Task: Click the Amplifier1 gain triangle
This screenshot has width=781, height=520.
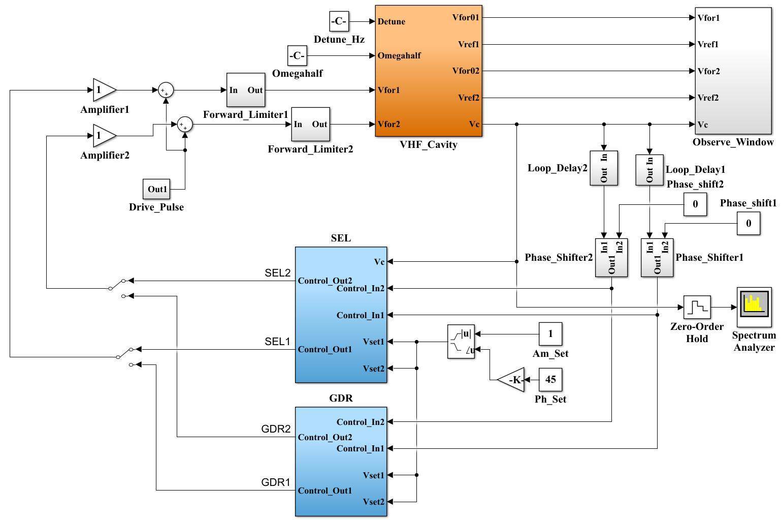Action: tap(104, 90)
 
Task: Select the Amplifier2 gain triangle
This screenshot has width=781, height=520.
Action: tap(104, 136)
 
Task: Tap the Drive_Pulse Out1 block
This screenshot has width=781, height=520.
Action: tap(157, 189)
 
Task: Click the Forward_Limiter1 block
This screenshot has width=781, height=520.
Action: tap(246, 90)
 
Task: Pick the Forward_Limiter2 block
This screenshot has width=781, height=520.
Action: tap(310, 124)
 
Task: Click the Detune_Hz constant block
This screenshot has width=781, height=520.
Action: tap(339, 21)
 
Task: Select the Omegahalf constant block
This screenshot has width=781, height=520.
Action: tap(297, 55)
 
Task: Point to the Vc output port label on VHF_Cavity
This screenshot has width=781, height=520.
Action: tap(474, 124)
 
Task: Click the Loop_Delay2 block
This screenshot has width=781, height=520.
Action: tap(604, 168)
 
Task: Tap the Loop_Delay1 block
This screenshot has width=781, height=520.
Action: tap(649, 170)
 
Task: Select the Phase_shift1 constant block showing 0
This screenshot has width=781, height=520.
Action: tap(749, 224)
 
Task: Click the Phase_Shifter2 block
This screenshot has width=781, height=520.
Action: tap(611, 257)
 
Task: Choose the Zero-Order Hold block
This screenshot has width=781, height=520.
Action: tap(697, 307)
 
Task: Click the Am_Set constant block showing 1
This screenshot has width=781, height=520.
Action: tap(550, 334)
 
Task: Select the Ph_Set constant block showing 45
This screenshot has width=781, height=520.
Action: tap(550, 379)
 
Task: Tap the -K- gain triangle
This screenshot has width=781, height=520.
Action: tap(513, 380)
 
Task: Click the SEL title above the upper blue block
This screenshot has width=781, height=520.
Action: tap(341, 238)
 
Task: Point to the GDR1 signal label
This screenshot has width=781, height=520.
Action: tap(276, 482)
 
